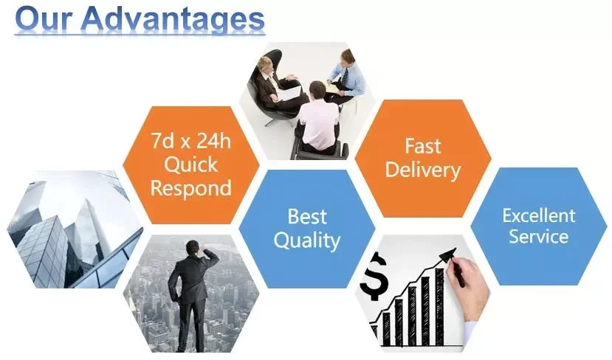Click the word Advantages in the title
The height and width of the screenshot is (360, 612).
(x=174, y=19)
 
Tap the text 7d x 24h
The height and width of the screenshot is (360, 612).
(x=191, y=140)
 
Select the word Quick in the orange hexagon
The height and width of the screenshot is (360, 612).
(x=191, y=165)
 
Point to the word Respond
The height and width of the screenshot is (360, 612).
(x=191, y=188)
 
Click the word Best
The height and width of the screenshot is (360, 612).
(x=307, y=216)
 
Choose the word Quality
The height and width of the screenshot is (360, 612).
(x=307, y=240)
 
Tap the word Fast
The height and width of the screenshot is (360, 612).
(x=423, y=146)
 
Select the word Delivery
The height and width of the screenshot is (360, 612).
(x=423, y=170)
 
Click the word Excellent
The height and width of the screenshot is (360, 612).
(x=539, y=215)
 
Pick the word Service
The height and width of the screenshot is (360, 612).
(x=539, y=236)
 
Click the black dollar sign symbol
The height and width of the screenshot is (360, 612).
(x=374, y=276)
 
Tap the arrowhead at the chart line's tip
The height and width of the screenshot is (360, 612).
(x=447, y=255)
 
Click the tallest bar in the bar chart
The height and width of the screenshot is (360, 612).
(x=439, y=307)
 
